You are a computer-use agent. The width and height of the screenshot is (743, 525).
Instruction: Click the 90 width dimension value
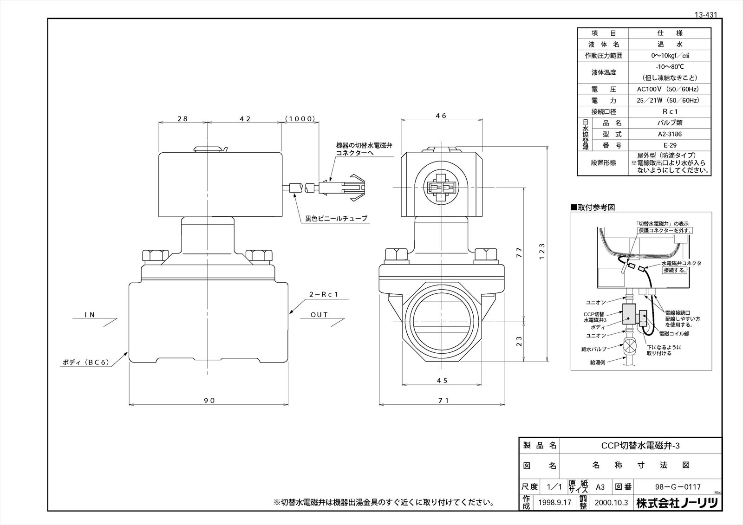click(209, 400)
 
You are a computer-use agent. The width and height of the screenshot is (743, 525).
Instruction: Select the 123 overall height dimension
click(542, 250)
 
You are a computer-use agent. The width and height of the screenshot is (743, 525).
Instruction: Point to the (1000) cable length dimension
click(300, 119)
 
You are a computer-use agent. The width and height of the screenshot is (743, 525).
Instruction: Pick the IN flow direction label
click(90, 315)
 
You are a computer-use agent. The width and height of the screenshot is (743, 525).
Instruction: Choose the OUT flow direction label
click(319, 315)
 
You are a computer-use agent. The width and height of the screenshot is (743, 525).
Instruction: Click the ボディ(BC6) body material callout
click(86, 363)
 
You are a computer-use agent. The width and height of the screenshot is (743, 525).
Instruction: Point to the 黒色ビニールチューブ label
click(336, 218)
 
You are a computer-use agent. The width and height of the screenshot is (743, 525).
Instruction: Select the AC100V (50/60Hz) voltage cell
click(669, 89)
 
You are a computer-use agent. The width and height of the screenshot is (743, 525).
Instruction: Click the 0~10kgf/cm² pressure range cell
click(669, 56)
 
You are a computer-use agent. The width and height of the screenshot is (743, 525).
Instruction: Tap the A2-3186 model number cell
click(669, 134)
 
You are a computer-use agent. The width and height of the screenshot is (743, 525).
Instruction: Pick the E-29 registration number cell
click(669, 145)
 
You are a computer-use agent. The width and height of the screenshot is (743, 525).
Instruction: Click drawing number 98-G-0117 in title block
click(677, 487)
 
